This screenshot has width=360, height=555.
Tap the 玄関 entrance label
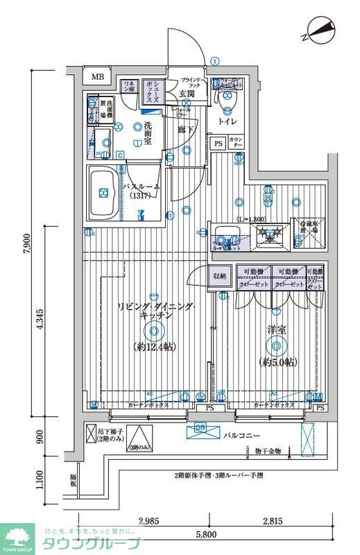(186, 94)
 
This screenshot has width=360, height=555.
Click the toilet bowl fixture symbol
(226, 101)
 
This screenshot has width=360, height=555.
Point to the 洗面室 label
(148, 130)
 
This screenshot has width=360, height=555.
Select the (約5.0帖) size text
(277, 362)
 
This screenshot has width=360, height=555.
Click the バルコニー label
(242, 436)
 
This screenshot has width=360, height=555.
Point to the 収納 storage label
(220, 275)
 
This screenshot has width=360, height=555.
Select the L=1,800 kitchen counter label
(250, 219)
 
